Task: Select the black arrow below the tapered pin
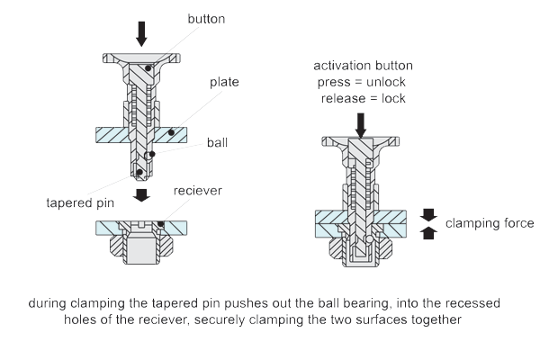coord(141,195)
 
